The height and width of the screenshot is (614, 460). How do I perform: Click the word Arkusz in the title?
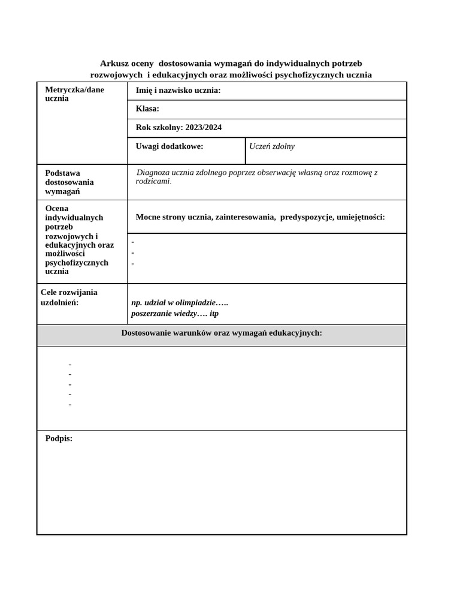coord(112,64)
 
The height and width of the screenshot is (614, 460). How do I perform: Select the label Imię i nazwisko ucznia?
coord(178,91)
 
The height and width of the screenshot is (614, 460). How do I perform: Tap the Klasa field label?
coord(147,109)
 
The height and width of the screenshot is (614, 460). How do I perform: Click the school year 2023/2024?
coord(204,128)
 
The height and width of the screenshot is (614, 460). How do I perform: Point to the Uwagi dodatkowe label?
coord(170,146)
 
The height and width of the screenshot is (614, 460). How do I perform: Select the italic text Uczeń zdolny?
coord(272,146)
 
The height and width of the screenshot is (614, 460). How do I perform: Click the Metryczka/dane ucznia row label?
coord(74,94)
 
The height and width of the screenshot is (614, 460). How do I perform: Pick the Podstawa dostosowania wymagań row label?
coord(69,182)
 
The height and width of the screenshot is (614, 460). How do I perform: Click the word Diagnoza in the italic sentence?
coord(155,173)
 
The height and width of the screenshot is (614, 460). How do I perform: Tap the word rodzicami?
coord(153,181)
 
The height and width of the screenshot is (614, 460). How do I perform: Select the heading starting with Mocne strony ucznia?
coord(260,217)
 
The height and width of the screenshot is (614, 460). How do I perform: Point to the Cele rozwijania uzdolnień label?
coord(69,297)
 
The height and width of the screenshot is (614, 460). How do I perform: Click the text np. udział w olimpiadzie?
coord(179,303)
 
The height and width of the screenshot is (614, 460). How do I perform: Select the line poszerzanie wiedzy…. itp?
coord(175,314)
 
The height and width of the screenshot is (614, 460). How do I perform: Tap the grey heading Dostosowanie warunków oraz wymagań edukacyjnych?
coord(222,333)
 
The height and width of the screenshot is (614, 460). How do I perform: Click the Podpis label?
coord(59,439)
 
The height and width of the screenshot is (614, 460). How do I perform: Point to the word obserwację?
coord(267,173)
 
